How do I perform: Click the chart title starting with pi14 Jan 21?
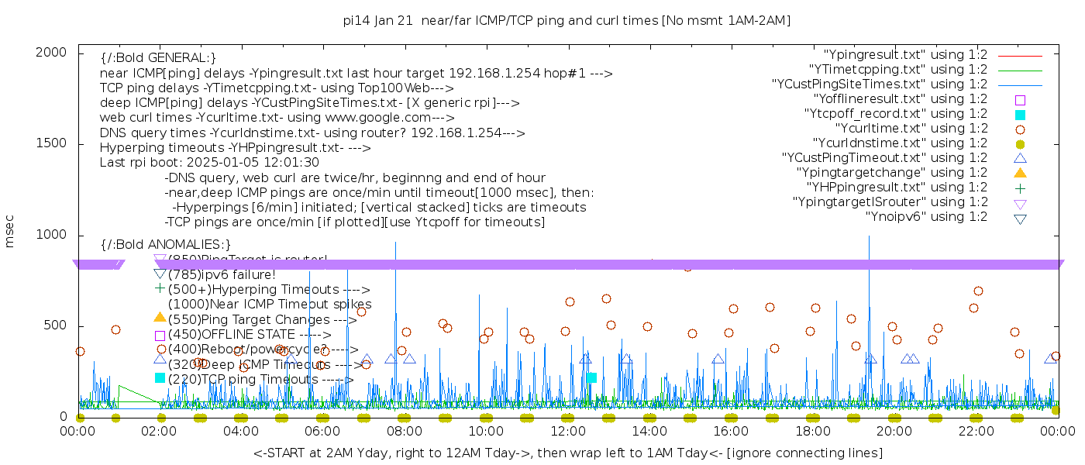[x=567, y=21]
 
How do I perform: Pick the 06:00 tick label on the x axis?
[x=322, y=431]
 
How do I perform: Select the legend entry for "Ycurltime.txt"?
[x=911, y=129]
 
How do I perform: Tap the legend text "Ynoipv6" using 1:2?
[x=926, y=217]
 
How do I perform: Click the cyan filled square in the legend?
[x=1020, y=115]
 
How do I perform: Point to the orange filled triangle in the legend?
[x=1020, y=173]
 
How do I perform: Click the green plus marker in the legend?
[x=1020, y=188]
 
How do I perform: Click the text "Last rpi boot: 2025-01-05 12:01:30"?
[x=209, y=163]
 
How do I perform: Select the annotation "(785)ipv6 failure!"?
[x=222, y=274]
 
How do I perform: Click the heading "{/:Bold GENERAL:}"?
[x=158, y=58]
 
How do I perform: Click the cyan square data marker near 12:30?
[x=591, y=378]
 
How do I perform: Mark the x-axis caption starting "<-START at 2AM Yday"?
[x=567, y=453]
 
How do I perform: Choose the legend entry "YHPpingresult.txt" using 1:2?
[x=897, y=188]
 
